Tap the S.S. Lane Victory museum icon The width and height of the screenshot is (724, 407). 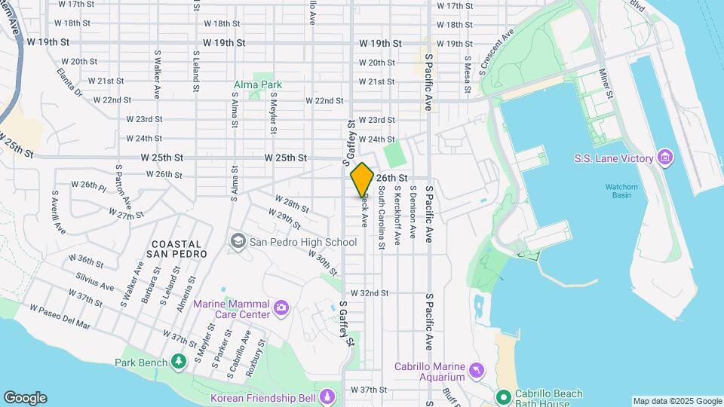point(664,158)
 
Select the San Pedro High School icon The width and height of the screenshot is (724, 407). point(238,240)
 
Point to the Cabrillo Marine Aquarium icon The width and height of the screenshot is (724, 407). point(476,369)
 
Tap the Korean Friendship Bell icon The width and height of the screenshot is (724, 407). point(327,396)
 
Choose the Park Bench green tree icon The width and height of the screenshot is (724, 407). point(179,363)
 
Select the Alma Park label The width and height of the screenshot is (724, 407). point(258,85)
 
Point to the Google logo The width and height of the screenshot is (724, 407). point(25,398)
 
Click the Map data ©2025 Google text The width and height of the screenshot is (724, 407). point(676,401)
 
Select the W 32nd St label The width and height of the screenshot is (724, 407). point(369,292)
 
